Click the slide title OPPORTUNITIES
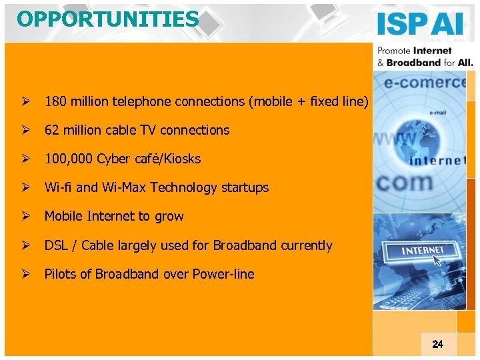pos(108,19)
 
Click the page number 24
pos(437,344)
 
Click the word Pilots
pos(59,274)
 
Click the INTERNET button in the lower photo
pos(423,251)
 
